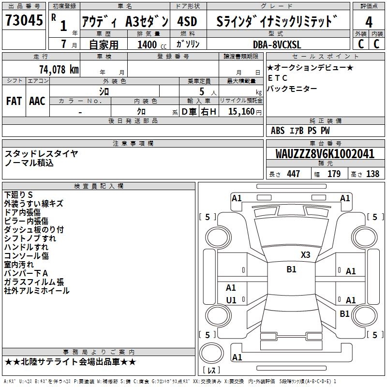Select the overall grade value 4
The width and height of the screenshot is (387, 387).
(x=369, y=22)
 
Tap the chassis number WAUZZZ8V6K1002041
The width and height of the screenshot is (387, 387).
(x=325, y=154)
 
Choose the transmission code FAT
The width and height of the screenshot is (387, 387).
(x=14, y=101)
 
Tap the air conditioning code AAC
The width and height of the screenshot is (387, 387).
(x=37, y=101)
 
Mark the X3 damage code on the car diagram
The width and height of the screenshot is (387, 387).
(x=305, y=255)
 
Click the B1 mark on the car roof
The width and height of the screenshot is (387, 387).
(x=291, y=269)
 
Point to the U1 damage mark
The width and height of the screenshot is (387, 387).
(x=231, y=300)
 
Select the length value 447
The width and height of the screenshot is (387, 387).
(x=293, y=174)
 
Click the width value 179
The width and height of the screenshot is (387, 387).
(x=334, y=174)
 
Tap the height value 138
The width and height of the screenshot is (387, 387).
(x=372, y=174)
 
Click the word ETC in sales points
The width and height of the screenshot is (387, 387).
(x=277, y=78)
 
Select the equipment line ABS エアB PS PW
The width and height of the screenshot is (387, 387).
(x=300, y=130)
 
